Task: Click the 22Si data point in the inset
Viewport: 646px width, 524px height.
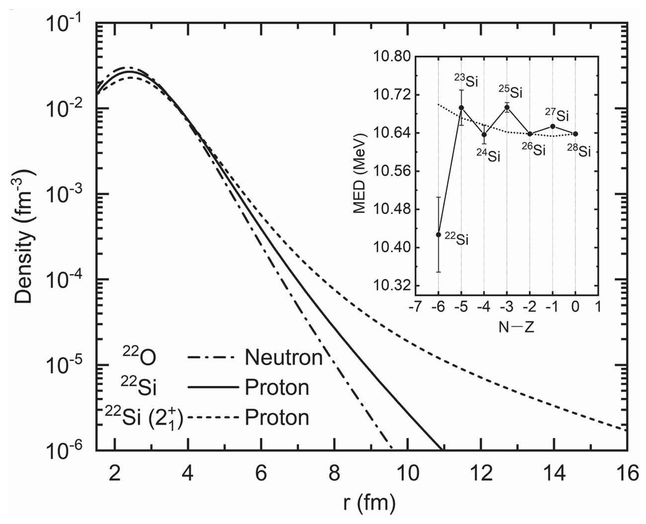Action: (438, 234)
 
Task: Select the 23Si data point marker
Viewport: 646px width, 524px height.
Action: (461, 107)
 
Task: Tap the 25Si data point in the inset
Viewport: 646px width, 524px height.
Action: (507, 107)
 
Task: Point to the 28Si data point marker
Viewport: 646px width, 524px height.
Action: (575, 134)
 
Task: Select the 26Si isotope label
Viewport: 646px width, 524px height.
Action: (534, 149)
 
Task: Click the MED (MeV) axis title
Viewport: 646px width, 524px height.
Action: (360, 173)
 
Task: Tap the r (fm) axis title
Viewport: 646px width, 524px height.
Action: (369, 504)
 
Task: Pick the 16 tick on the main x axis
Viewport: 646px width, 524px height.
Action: (626, 473)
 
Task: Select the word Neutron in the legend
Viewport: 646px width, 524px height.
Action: (283, 357)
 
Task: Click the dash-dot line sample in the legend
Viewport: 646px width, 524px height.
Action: (212, 357)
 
